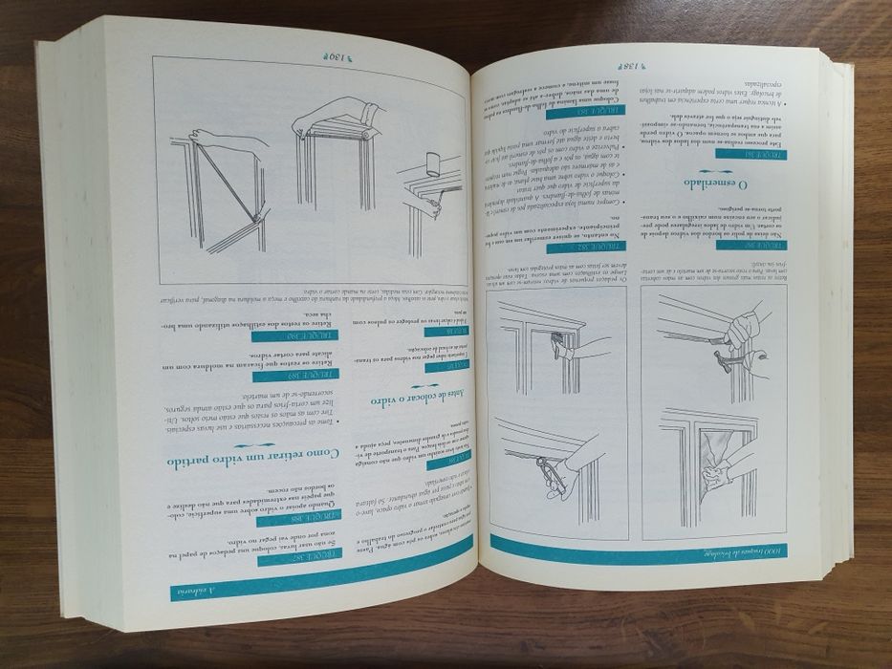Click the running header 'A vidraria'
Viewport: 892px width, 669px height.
pos(187,593)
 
